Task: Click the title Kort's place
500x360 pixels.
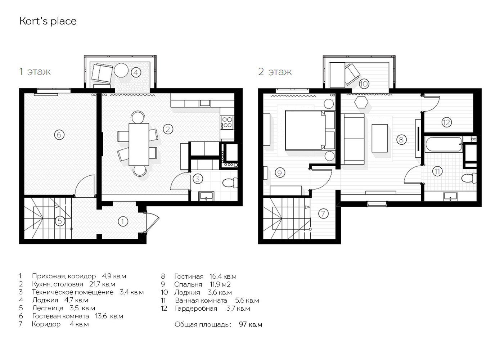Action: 48,21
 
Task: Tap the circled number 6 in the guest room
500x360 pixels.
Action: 59,135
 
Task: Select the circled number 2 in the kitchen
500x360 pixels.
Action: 168,129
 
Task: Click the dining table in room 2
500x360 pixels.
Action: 139,144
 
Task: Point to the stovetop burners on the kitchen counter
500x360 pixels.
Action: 227,122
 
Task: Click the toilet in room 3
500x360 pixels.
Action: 230,183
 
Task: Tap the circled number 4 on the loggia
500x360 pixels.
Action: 136,72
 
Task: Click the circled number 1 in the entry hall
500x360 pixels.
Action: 122,222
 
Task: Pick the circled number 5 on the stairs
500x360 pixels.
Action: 60,221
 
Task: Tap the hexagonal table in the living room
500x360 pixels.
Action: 361,103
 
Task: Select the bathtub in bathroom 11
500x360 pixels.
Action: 443,144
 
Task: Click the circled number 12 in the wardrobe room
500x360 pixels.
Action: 447,122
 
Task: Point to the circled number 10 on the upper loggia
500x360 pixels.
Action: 364,84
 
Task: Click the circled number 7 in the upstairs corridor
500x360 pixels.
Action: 323,213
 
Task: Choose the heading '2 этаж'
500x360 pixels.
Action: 275,72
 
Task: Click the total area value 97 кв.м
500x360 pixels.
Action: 251,324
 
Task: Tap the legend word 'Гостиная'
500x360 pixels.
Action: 189,276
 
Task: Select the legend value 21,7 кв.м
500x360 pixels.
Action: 102,284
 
